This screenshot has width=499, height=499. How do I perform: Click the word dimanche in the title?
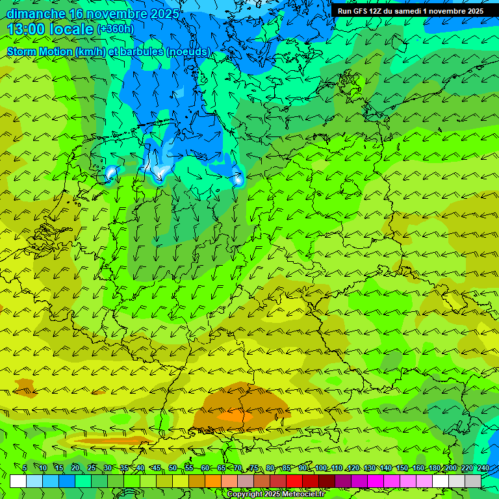36,14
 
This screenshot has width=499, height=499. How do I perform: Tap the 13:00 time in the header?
27,29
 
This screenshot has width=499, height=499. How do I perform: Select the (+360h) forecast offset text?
115,29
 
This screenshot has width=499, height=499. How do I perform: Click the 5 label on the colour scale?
25,468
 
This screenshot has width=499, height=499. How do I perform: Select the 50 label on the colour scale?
173,468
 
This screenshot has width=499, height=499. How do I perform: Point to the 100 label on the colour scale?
320,468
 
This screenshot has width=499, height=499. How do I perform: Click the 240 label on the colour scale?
483,468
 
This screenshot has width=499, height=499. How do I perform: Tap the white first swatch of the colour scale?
18,481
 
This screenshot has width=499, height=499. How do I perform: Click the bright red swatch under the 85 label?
294,481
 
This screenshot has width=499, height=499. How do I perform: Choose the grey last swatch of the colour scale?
473,481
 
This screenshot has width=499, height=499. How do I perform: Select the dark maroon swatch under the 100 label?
327,481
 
